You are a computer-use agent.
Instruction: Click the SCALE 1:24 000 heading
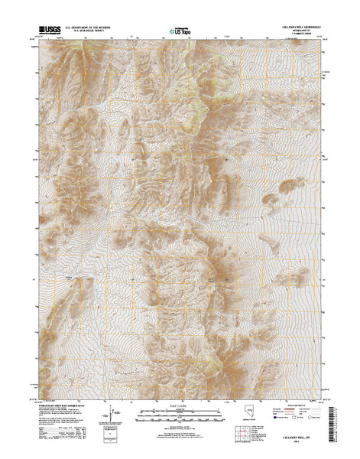coord(179,399)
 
